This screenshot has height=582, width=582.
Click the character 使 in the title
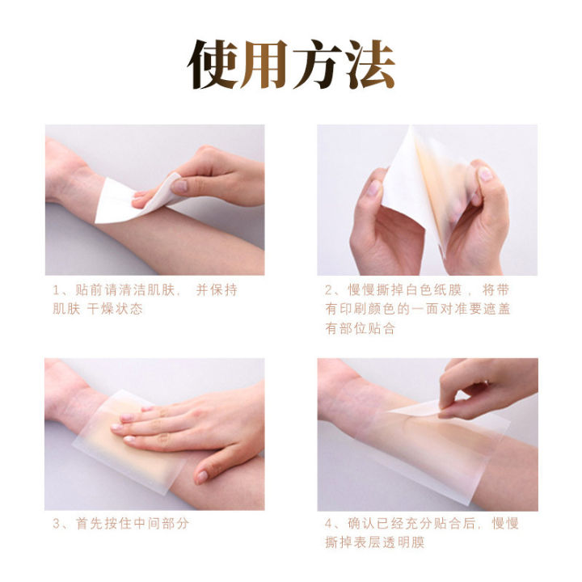click(214, 65)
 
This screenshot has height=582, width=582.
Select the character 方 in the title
click(317, 65)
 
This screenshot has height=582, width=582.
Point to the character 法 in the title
click(368, 65)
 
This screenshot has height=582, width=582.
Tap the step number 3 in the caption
click(57, 524)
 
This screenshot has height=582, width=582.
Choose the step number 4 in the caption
click(330, 524)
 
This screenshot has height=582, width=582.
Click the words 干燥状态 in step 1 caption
click(116, 310)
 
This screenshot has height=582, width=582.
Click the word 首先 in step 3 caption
click(88, 524)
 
